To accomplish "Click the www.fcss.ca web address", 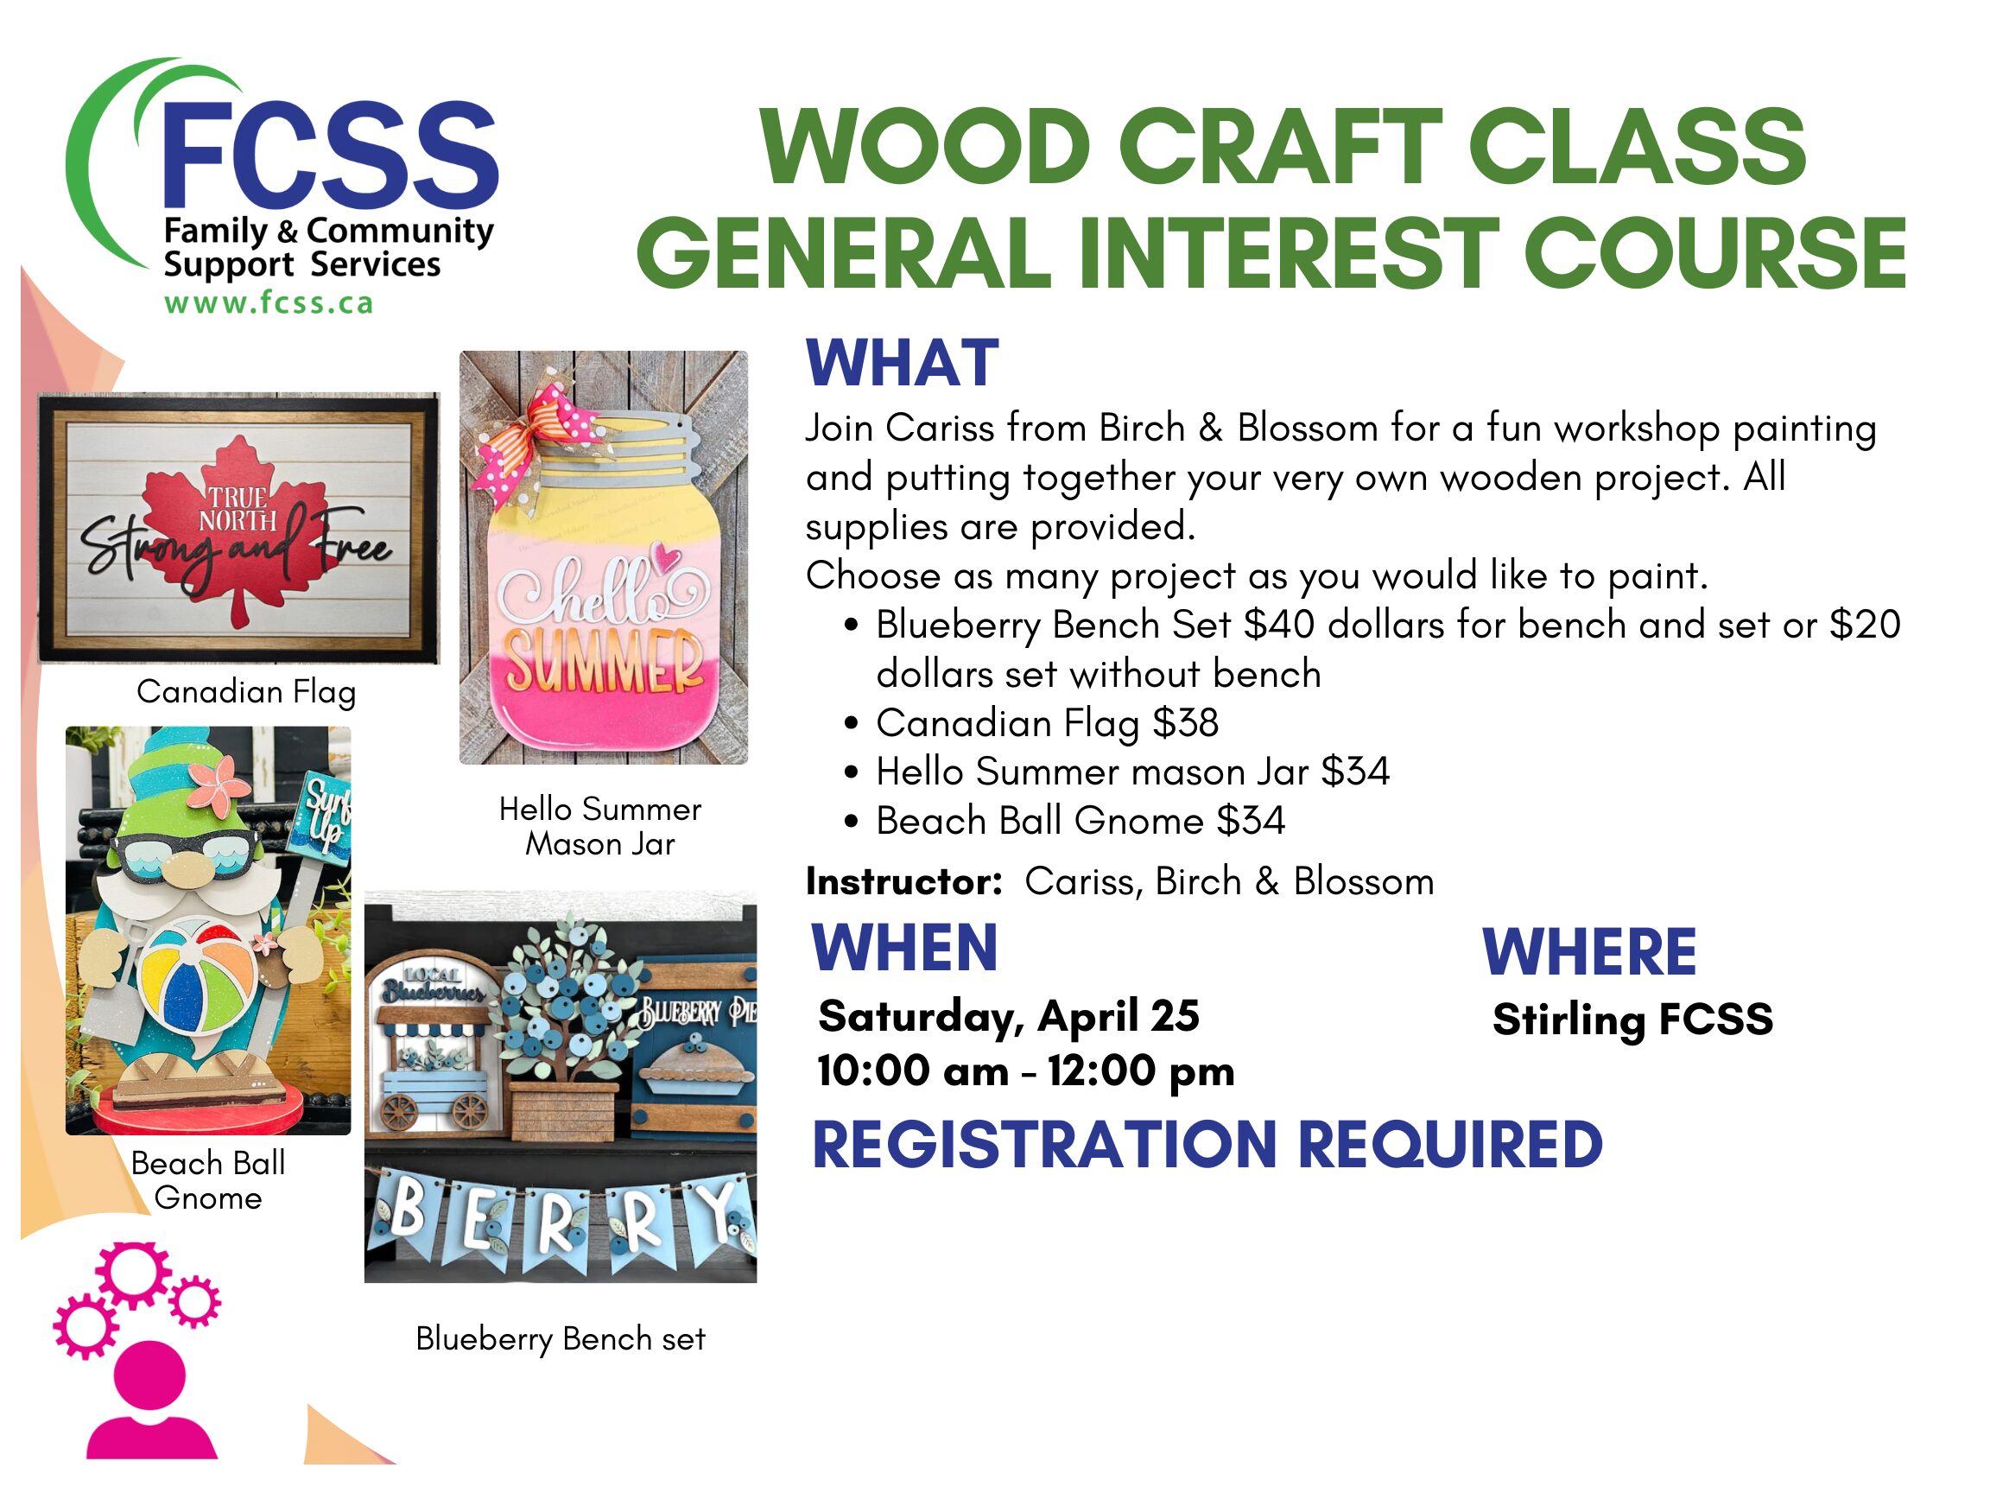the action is click(x=268, y=303).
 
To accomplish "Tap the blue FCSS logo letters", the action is click(x=330, y=154).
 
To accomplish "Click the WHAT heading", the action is click(x=903, y=363).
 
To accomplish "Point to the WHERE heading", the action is click(x=1588, y=951).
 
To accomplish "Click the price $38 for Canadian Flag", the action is click(x=1186, y=722).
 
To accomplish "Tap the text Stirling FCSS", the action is click(x=1632, y=1019).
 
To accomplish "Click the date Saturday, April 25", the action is click(x=1009, y=1016).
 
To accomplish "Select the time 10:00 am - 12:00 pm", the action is click(x=1025, y=1071).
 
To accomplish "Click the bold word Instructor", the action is click(x=903, y=881).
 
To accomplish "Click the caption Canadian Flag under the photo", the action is click(x=246, y=692).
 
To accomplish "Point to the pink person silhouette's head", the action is click(x=149, y=1376).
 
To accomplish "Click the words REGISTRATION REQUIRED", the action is click(x=1207, y=1145).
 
